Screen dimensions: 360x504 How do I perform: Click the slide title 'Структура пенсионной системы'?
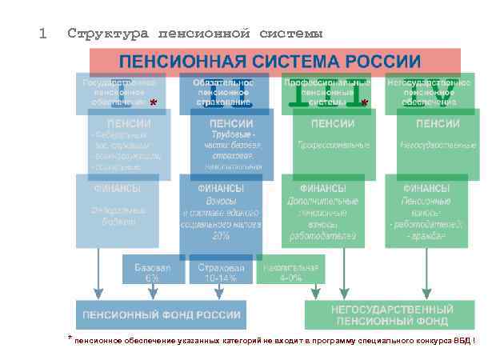(x=195, y=34)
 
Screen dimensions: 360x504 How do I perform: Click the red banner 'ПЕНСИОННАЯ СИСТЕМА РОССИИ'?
(x=270, y=62)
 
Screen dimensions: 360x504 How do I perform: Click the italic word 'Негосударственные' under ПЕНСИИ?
(x=438, y=146)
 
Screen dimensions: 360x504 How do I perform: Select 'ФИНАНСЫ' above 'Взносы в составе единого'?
(x=221, y=189)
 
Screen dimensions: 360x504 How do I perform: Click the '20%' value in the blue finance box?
(x=221, y=237)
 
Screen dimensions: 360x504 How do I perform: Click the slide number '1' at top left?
(x=42, y=34)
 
